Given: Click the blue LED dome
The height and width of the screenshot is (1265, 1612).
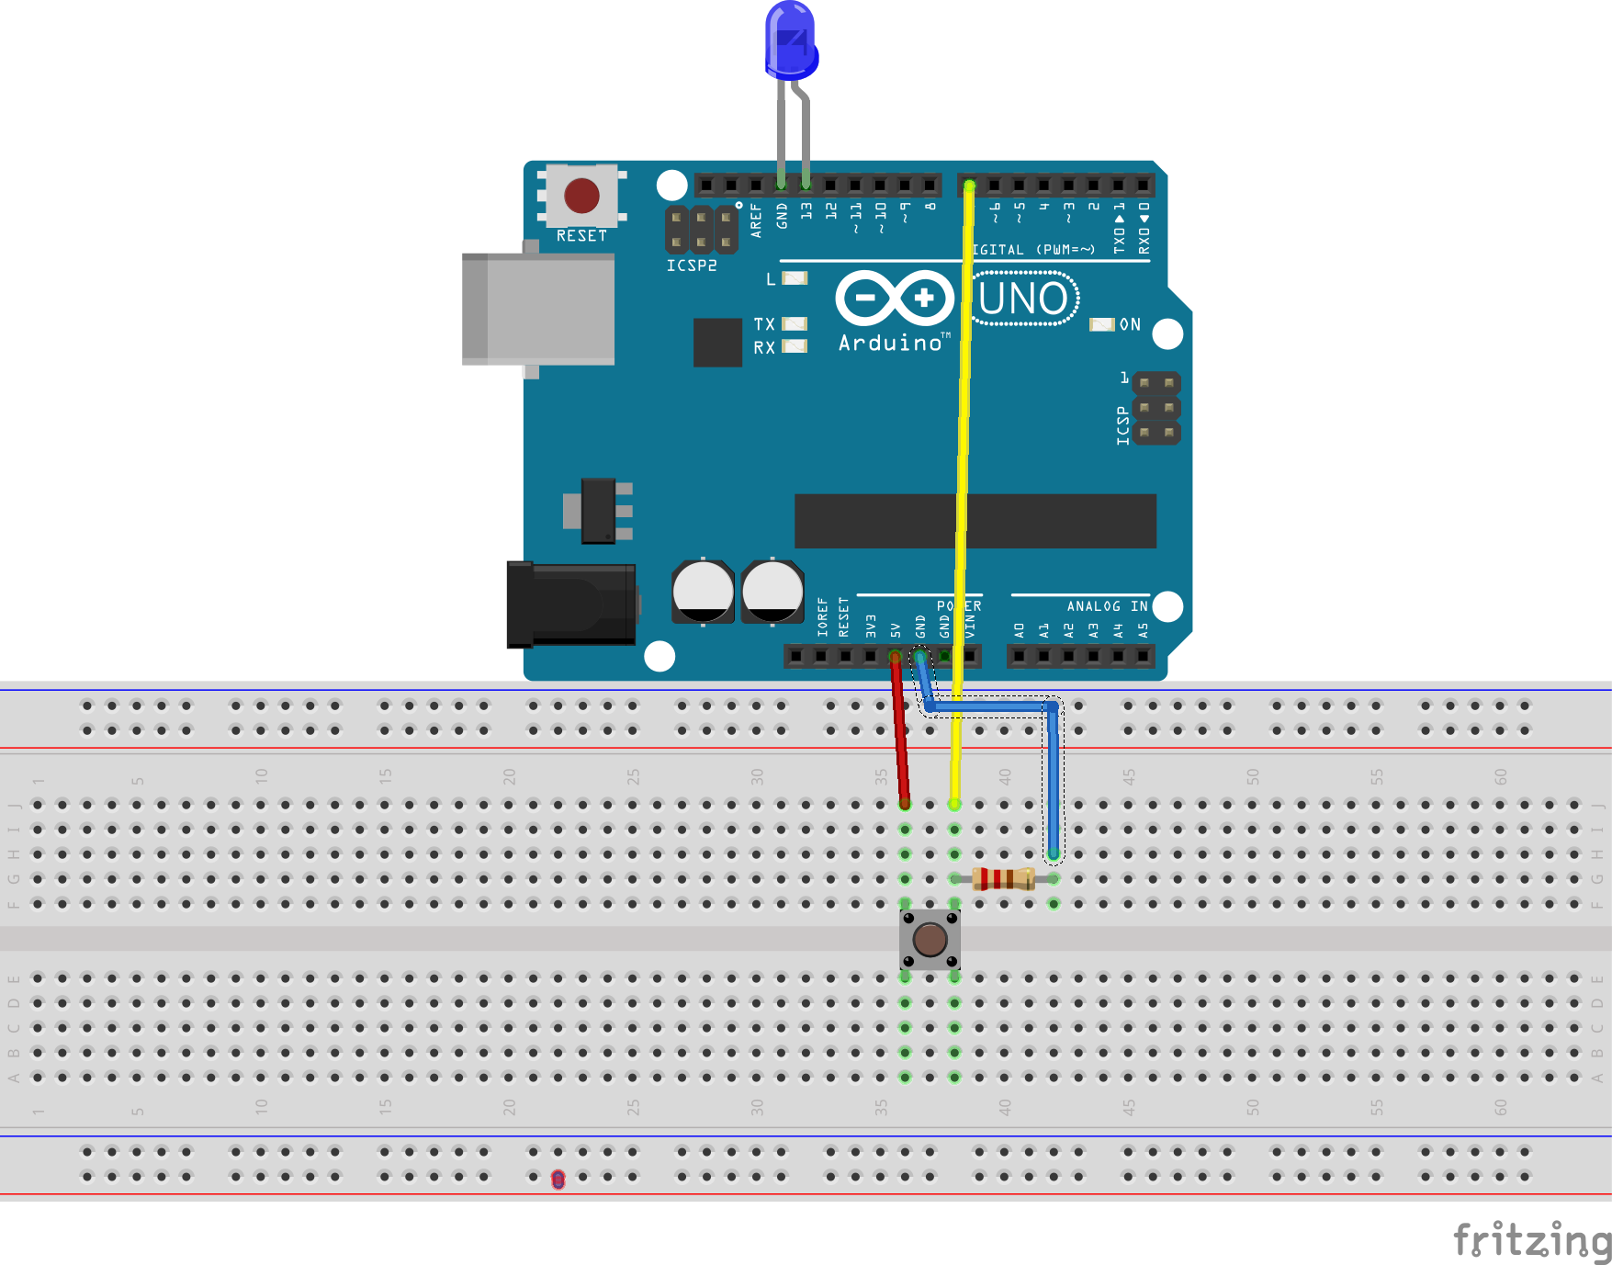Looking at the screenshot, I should pos(790,39).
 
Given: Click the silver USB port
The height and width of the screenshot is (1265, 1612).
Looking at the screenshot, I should pos(538,310).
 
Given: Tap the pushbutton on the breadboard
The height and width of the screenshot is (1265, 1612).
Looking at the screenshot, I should pos(930,939).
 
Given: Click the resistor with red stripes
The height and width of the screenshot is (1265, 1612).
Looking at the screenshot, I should pos(1003,879).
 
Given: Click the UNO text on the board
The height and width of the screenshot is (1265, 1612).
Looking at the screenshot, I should pos(1023,299).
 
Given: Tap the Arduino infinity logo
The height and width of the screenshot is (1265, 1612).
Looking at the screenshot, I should pos(895,298).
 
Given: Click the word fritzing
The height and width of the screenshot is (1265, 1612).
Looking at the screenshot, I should pos(1531,1240).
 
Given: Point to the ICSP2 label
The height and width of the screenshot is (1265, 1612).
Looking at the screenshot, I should pos(692,265).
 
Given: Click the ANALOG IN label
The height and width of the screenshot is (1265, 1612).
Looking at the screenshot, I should pos(1106,606).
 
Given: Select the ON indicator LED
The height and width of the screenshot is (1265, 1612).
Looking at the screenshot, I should pos(1100,324).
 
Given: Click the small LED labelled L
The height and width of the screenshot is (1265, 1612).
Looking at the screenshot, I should pos(794,278).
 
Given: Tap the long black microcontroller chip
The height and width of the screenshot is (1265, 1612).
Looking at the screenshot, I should pos(974,521).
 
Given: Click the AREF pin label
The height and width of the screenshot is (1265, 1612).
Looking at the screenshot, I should pos(756,220).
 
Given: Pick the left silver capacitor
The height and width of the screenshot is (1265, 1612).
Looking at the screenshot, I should pos(703,592).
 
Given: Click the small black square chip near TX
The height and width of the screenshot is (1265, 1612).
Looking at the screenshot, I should pos(717,343).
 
